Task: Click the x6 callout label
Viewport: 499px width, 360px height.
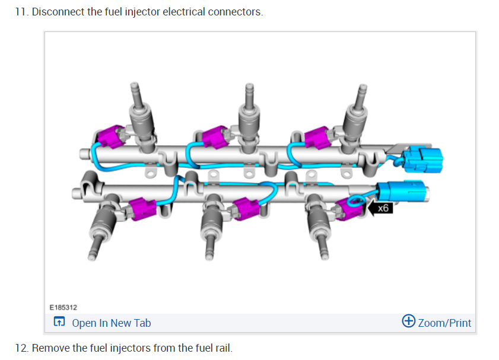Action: (x=383, y=208)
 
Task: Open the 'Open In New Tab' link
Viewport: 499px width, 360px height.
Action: (x=111, y=323)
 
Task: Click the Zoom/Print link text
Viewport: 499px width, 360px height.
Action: (x=444, y=323)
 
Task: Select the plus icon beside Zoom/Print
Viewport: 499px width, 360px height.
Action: (x=408, y=321)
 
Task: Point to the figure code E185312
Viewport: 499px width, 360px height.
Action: (x=63, y=307)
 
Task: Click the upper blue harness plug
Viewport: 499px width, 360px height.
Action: (x=423, y=158)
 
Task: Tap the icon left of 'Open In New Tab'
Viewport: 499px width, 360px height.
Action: (x=59, y=323)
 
